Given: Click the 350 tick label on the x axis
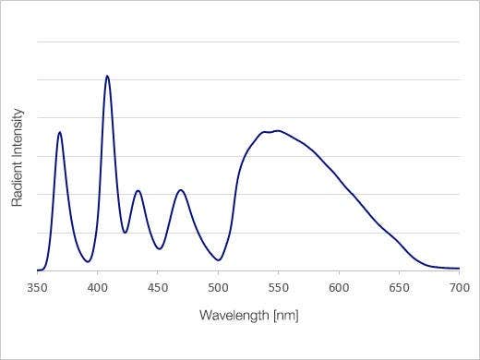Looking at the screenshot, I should pos(37,287).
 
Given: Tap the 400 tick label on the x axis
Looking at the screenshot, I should pos(98,287).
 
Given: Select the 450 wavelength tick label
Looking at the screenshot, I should pos(158,287).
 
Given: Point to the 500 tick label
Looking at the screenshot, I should pos(218,287).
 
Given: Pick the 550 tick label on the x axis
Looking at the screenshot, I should pos(279,287).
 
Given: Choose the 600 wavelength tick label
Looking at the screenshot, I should pos(339,287).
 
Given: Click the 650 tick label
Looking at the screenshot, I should pos(399,287).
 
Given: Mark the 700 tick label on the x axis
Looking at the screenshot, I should pos(459,287).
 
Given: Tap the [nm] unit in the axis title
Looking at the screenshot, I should pos(285,316).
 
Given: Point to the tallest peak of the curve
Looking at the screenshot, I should pos(107,76).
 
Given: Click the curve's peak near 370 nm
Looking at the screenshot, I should pos(60,132).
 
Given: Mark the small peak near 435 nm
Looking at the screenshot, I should pos(138,191).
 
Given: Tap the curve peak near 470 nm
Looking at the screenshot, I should pos(181,190).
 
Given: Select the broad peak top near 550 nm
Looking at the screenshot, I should pos(276,131).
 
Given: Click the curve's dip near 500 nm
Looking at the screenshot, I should pos(219,260).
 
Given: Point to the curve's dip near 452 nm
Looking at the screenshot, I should pos(159,248).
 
